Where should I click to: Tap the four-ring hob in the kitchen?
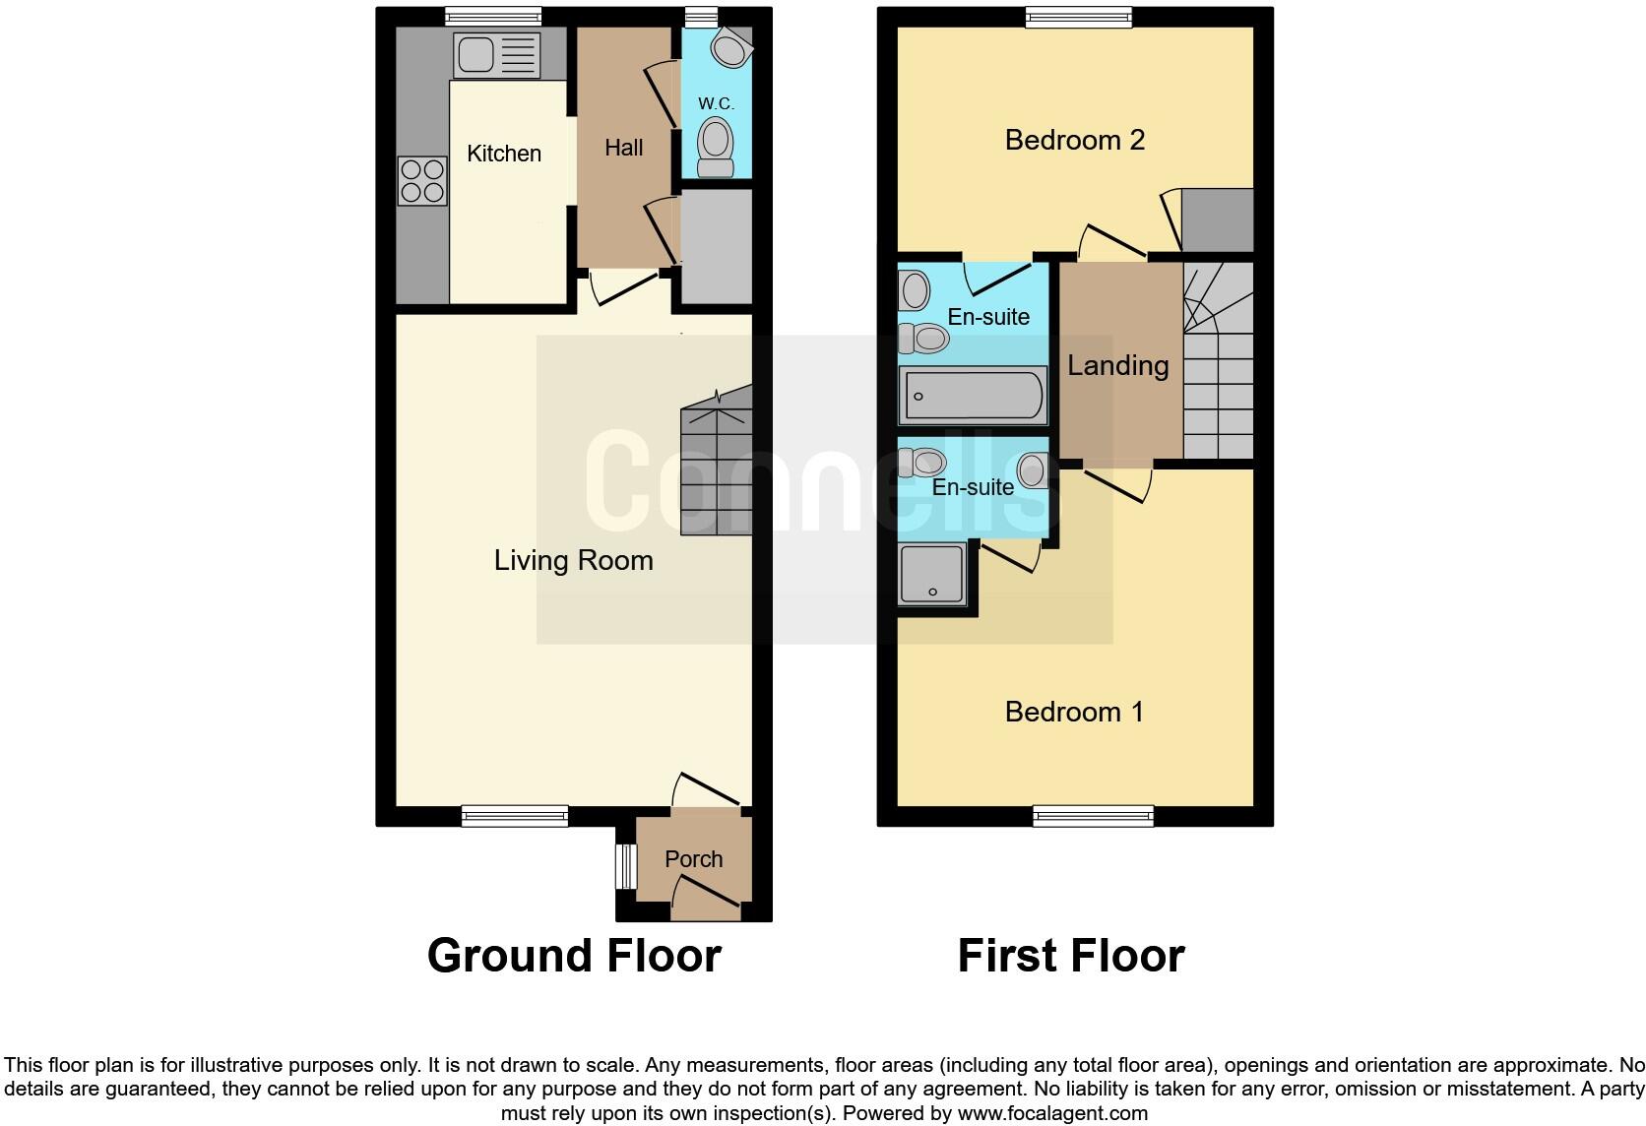422,181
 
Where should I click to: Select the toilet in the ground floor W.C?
716,148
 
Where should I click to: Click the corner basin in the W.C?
729,46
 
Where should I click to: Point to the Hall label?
623,148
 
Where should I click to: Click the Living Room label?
573,561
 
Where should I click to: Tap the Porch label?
693,859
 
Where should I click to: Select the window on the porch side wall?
622,867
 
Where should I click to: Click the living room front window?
515,815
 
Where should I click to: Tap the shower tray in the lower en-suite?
931,574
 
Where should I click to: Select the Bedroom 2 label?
1074,140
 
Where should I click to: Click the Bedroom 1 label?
1074,712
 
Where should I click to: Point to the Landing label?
1117,366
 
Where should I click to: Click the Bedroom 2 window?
1078,16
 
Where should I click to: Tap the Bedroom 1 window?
1093,815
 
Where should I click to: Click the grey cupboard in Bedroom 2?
1217,219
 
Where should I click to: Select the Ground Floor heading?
574,956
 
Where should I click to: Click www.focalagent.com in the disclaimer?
1052,1114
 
